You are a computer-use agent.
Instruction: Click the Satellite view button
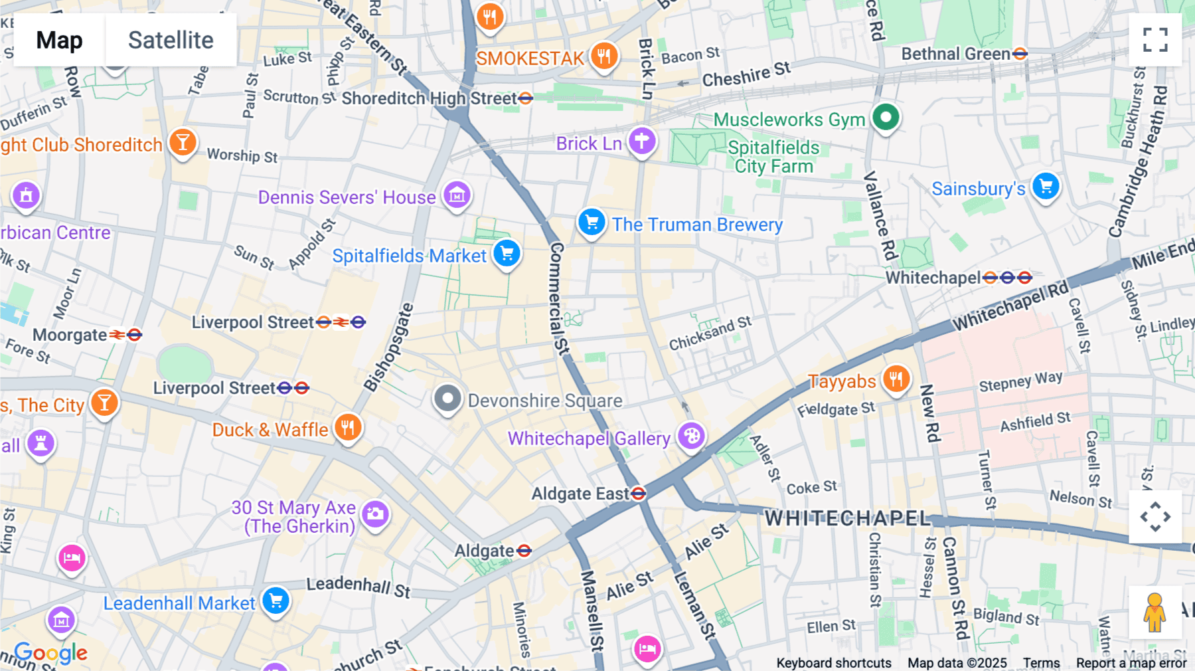(x=171, y=40)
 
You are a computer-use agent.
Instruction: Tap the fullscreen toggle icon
(x=1155, y=40)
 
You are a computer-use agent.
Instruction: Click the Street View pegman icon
(x=1155, y=612)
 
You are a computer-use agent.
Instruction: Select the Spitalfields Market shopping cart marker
(x=507, y=253)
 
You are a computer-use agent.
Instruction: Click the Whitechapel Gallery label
(x=589, y=438)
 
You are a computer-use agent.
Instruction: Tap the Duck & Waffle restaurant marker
(x=348, y=427)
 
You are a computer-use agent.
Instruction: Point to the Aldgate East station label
(x=580, y=494)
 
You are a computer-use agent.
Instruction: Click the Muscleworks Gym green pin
(x=886, y=118)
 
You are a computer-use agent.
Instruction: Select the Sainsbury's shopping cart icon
(x=1046, y=187)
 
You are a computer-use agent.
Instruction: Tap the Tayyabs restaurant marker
(x=896, y=379)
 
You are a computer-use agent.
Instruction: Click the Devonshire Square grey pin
(x=447, y=399)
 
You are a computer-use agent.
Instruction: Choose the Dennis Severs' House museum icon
(x=457, y=195)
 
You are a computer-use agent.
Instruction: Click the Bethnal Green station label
(x=955, y=54)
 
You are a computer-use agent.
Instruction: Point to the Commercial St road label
(x=558, y=299)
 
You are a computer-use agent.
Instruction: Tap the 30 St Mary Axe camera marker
(x=376, y=514)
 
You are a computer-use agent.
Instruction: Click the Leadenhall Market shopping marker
(x=276, y=601)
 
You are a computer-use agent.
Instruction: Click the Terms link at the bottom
(x=1041, y=662)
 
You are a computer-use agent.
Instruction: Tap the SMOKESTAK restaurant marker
(x=604, y=56)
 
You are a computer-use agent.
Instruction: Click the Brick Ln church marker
(x=642, y=141)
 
